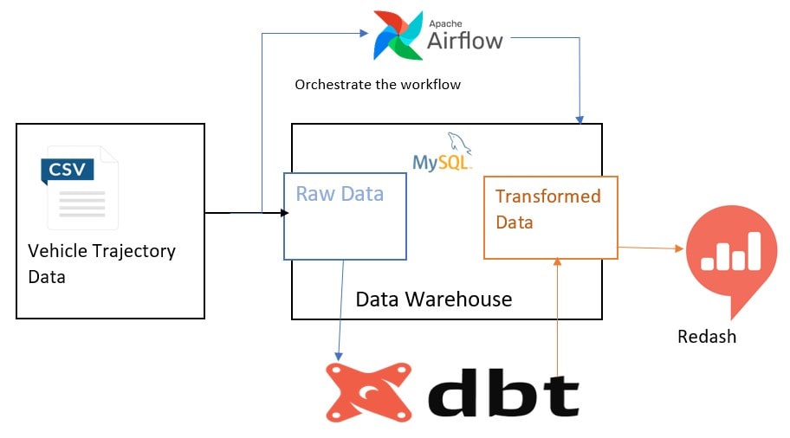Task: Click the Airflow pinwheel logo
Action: [x=398, y=35]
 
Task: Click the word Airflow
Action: [x=465, y=40]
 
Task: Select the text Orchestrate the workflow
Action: [x=378, y=85]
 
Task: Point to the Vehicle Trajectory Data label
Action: [x=101, y=264]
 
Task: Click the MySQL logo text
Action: [x=442, y=162]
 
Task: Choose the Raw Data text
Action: [x=340, y=194]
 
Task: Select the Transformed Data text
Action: [x=547, y=209]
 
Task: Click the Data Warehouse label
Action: [x=434, y=300]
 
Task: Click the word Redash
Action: [x=707, y=337]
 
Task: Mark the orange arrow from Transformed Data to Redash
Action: [x=650, y=248]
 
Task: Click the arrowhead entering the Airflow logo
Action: [x=362, y=34]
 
